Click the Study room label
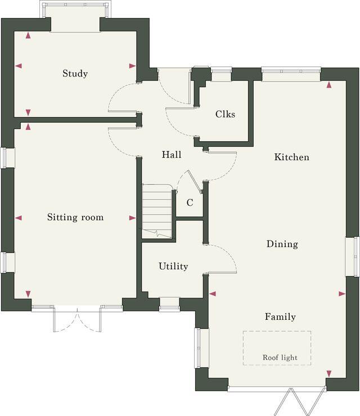(75, 74)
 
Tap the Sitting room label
(75, 218)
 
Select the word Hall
(172, 155)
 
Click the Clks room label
(225, 114)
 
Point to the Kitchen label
(291, 157)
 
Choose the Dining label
(282, 245)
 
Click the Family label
(280, 317)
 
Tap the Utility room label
(173, 266)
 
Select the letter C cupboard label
(190, 203)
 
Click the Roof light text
(280, 358)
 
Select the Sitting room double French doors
(76, 320)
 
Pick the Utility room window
(169, 305)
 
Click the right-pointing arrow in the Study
(132, 66)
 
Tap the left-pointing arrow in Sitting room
(19, 218)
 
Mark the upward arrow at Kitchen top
(329, 85)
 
